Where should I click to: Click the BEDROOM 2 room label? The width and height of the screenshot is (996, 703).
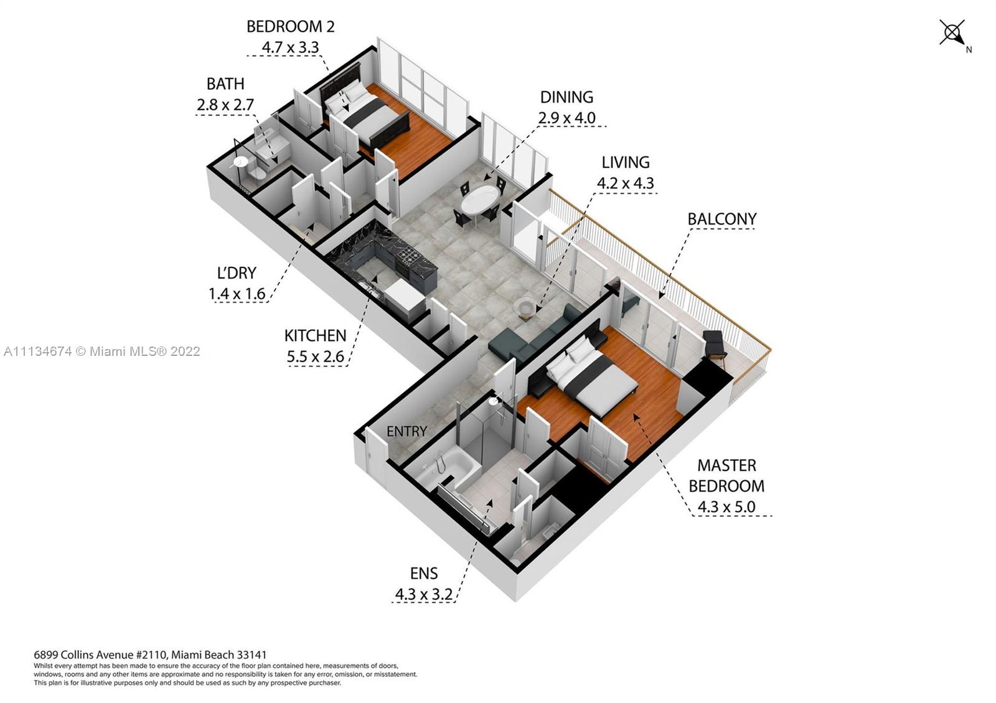tap(290, 27)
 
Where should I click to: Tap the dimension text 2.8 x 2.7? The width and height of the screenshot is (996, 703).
tap(225, 105)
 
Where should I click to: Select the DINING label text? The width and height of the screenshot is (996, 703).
tap(566, 97)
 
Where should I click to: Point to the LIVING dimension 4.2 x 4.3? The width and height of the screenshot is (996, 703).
tap(625, 183)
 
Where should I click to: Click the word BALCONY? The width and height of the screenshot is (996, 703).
tap(721, 219)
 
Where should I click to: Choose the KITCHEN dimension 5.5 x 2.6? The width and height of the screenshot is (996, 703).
tap(315, 356)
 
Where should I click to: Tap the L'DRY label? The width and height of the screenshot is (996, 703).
tap(237, 273)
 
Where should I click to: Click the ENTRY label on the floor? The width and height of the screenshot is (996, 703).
tap(406, 431)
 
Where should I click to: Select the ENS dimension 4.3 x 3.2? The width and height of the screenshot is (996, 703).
tap(424, 594)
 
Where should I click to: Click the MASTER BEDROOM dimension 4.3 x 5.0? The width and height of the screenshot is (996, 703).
tap(726, 506)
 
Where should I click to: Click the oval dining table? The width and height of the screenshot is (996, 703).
tap(480, 200)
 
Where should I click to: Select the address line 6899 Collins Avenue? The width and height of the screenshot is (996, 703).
tap(150, 654)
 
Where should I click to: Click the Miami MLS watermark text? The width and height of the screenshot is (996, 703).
tap(102, 351)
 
